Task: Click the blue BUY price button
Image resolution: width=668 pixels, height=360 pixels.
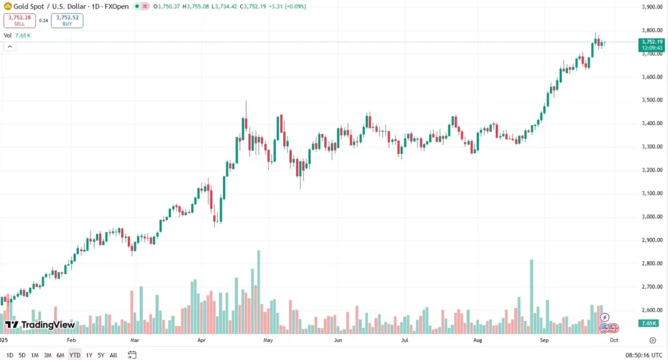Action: point(67,20)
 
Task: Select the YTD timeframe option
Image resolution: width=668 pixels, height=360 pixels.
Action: point(74,355)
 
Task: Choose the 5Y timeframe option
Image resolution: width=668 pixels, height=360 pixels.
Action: point(100,355)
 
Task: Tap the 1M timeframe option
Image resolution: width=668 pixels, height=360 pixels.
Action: point(35,355)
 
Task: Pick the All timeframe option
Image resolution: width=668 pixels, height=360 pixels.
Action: point(114,355)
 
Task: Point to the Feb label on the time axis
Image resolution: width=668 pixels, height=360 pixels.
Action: point(71,340)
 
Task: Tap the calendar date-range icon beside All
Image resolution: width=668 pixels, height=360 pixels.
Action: point(132,355)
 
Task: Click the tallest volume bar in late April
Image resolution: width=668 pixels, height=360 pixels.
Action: point(259,290)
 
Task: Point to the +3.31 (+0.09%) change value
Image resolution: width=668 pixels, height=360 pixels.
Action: point(288,7)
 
